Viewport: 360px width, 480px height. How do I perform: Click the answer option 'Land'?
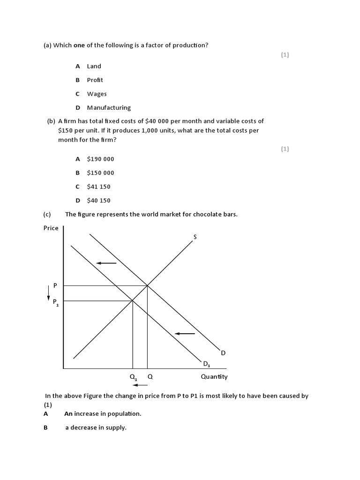tap(94, 66)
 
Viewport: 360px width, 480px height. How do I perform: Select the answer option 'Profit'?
tap(95, 80)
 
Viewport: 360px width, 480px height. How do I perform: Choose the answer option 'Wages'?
tap(97, 94)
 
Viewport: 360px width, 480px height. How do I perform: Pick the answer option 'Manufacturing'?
tap(109, 108)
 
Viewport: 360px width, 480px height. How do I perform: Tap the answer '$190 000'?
tap(100, 159)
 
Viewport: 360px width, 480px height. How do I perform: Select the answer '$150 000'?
tap(100, 172)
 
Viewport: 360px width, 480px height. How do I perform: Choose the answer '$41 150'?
tap(98, 187)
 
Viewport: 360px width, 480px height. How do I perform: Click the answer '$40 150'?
tap(98, 200)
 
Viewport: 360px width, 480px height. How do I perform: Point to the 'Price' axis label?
tap(51, 228)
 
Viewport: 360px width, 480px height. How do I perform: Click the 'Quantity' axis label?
tap(214, 376)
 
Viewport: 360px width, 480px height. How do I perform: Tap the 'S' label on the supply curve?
tap(195, 237)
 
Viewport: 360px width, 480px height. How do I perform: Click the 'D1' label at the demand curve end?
tap(207, 364)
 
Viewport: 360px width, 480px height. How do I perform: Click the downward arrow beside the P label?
tap(48, 292)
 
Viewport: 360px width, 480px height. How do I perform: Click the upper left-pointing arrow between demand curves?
tap(106, 263)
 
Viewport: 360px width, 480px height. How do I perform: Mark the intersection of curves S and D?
tap(148, 285)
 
